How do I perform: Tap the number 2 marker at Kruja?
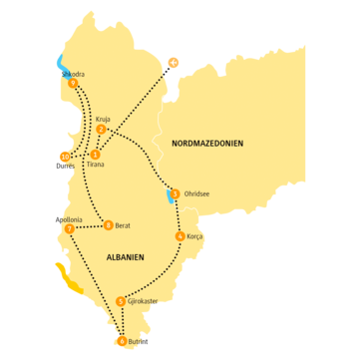pos(102,129)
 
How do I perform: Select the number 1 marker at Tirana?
pos(94,155)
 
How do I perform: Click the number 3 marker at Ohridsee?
pos(176,193)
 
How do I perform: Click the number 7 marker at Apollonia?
pos(69,228)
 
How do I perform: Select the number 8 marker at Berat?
pos(108,224)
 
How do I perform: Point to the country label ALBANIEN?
pos(126,257)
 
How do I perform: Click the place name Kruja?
pos(104,117)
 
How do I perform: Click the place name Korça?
pos(195,237)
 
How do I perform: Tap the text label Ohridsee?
pos(198,194)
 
